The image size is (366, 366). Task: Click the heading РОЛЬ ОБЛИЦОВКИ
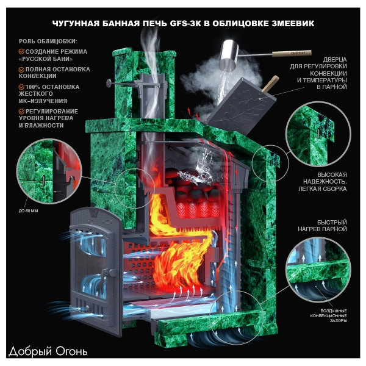pos(48,41)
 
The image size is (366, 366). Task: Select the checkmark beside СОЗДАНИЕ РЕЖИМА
pos(21,52)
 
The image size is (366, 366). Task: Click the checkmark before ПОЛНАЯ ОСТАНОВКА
pos(21,70)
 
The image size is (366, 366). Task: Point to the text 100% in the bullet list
pos(33,87)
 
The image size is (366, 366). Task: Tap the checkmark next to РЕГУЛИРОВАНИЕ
pos(21,112)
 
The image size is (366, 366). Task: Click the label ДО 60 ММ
pos(28,211)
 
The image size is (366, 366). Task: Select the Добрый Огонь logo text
pos(48,351)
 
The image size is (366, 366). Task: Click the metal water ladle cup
pos(228,55)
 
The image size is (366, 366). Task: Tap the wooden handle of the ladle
pos(292,54)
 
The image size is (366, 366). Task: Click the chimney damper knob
pos(109,83)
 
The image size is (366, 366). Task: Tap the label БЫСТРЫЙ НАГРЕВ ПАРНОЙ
pos(322,226)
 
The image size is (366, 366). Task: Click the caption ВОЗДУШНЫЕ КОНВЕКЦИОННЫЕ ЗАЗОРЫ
pos(329,315)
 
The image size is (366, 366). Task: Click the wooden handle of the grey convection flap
pos(271,84)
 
